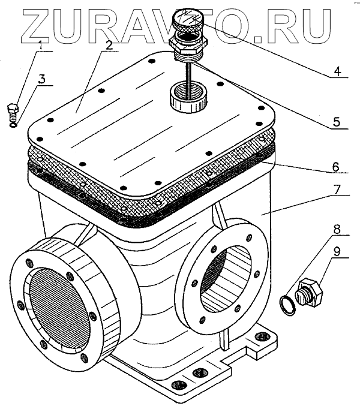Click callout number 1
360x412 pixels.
[41, 45]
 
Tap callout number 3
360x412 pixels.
[41, 79]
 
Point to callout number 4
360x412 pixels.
[337, 71]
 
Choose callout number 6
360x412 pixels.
[335, 165]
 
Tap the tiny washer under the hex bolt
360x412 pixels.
[14, 125]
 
